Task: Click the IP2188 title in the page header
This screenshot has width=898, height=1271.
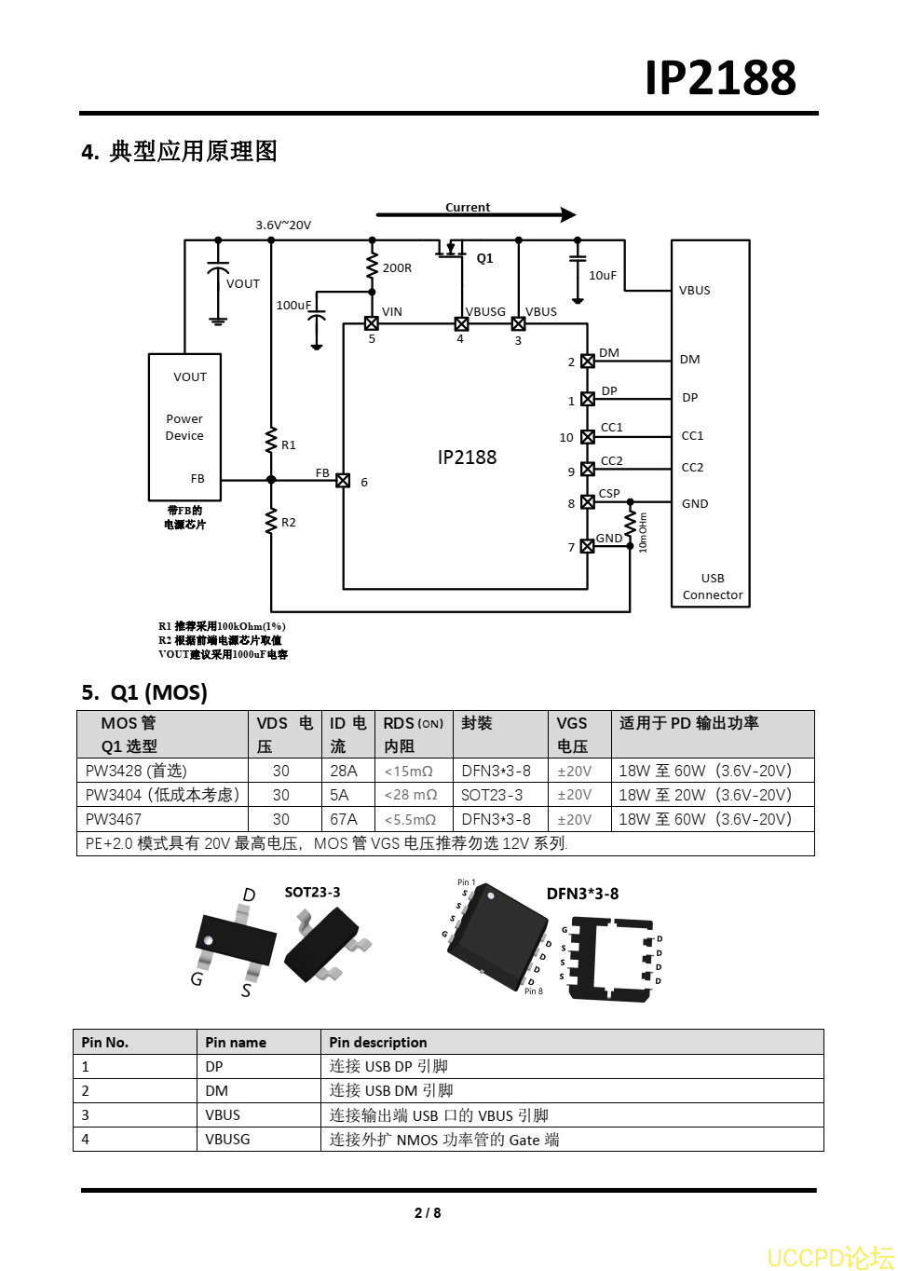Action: tap(720, 77)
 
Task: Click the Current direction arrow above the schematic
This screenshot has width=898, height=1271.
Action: tap(476, 215)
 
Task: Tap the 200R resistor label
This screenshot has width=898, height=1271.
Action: tap(397, 268)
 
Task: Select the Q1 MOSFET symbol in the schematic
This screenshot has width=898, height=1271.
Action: tap(451, 250)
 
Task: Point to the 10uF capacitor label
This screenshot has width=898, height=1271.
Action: tap(602, 276)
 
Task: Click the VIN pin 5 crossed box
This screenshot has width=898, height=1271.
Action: tap(372, 323)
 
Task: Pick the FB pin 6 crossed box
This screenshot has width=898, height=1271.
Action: tap(343, 481)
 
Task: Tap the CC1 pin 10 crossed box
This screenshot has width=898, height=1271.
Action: tap(588, 437)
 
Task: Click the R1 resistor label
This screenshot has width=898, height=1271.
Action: tap(289, 445)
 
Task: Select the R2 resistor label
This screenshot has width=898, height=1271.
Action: tap(289, 523)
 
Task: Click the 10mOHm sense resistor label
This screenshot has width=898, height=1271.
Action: tap(643, 533)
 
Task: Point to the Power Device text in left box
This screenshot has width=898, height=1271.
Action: tap(184, 428)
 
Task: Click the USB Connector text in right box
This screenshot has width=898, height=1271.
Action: tap(713, 587)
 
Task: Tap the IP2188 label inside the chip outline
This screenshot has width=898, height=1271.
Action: tap(467, 458)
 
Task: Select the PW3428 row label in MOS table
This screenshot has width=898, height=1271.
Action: tap(136, 771)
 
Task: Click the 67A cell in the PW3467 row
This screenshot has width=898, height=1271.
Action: tap(344, 819)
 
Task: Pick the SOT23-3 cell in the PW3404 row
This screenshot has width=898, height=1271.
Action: tap(492, 795)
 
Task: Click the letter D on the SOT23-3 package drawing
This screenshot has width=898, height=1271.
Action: tap(249, 895)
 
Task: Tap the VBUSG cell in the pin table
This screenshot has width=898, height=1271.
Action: tap(227, 1140)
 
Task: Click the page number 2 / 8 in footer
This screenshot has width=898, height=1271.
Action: tap(428, 1212)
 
